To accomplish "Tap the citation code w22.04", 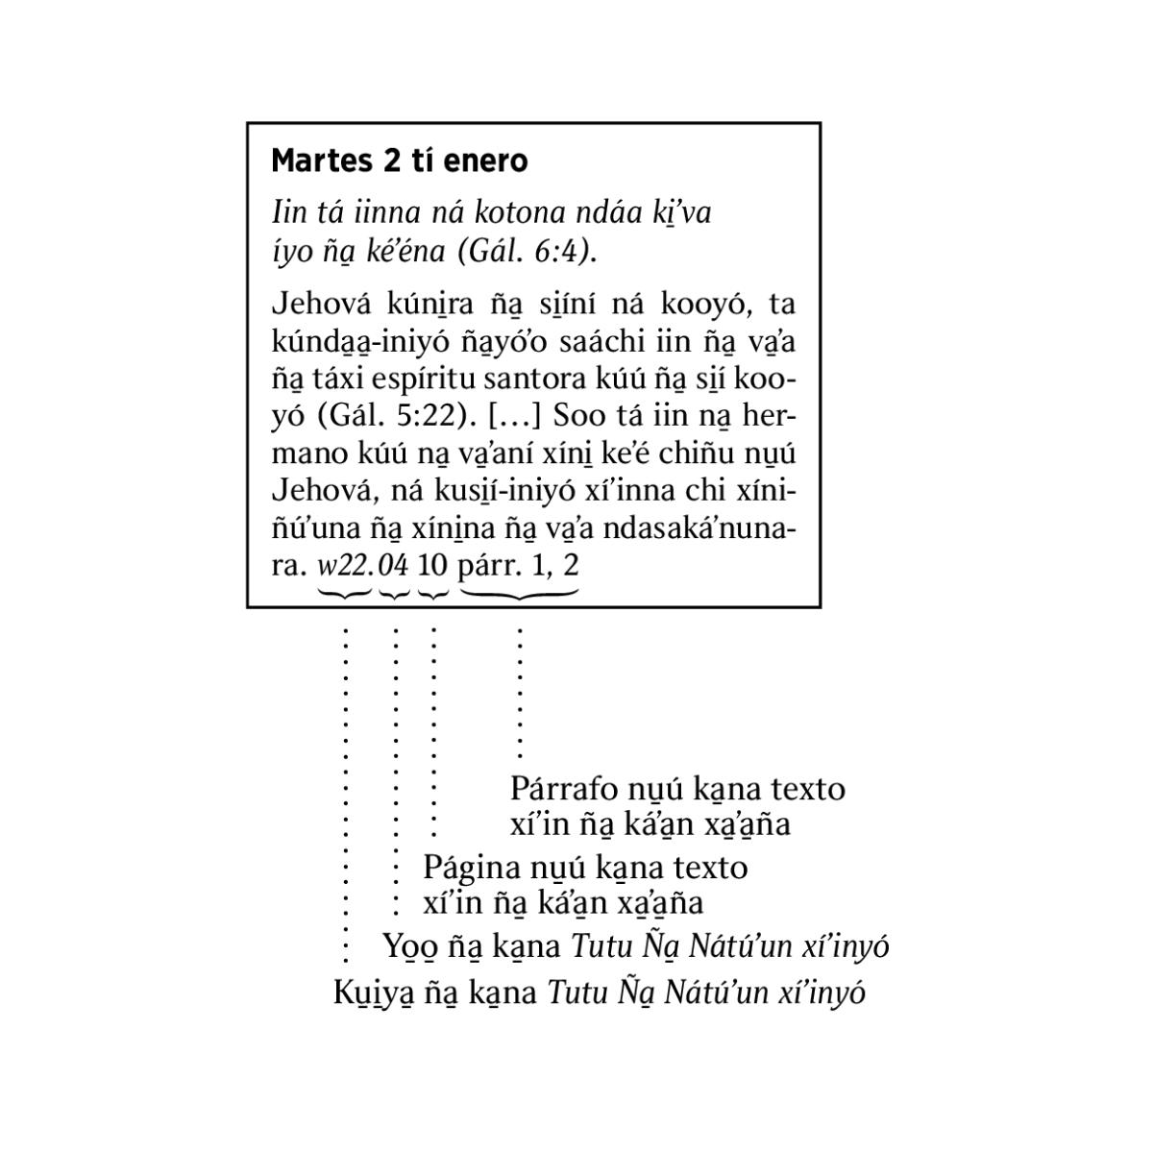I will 363,564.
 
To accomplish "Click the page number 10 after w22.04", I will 433,564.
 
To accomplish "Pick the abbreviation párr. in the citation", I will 489,564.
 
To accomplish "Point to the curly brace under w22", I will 345,594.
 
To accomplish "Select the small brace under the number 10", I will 433,594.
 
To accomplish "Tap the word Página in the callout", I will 471,868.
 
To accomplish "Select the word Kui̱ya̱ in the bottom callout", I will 374,992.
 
